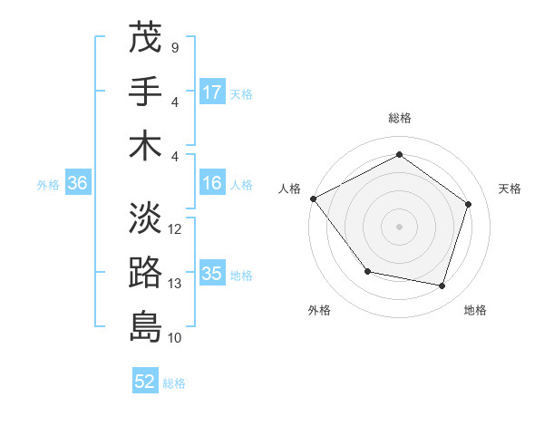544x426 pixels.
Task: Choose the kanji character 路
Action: (145, 272)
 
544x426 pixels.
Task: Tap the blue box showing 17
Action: (212, 92)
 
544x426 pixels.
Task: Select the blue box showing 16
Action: (212, 183)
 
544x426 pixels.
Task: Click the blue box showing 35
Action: (212, 274)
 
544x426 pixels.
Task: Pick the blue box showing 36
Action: (77, 183)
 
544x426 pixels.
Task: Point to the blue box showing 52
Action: (145, 382)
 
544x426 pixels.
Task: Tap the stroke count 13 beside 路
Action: (175, 284)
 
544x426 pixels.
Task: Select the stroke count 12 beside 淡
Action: (175, 229)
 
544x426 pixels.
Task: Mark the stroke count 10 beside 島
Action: (175, 338)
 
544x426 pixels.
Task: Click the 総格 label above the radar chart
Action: (400, 118)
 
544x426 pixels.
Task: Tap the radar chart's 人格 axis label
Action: (289, 189)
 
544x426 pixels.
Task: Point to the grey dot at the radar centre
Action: (400, 226)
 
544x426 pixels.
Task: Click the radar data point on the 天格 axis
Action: (468, 204)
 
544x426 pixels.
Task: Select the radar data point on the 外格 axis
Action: (367, 271)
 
